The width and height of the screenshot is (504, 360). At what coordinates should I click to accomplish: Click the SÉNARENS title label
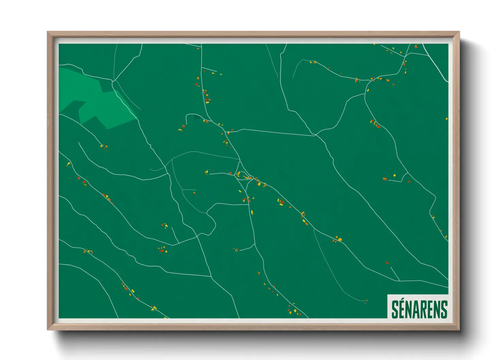click(x=419, y=309)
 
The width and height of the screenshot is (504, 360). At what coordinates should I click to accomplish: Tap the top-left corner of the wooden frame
click(x=48, y=32)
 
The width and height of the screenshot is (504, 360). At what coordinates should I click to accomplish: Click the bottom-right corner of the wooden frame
click(x=458, y=329)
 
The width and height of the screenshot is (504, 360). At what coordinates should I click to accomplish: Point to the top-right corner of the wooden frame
click(x=458, y=32)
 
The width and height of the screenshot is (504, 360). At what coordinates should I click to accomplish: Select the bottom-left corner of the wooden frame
click(x=48, y=329)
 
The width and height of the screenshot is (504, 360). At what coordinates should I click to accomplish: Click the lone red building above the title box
click(x=387, y=263)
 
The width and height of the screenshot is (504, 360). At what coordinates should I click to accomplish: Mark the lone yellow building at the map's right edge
click(x=447, y=119)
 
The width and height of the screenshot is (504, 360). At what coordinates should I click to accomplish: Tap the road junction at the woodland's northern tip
click(x=113, y=81)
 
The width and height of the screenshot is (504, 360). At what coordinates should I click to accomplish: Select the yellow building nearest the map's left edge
click(x=68, y=164)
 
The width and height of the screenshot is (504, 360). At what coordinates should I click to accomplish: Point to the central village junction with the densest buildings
click(x=250, y=177)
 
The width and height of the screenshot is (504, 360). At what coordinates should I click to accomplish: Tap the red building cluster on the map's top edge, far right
click(x=416, y=46)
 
